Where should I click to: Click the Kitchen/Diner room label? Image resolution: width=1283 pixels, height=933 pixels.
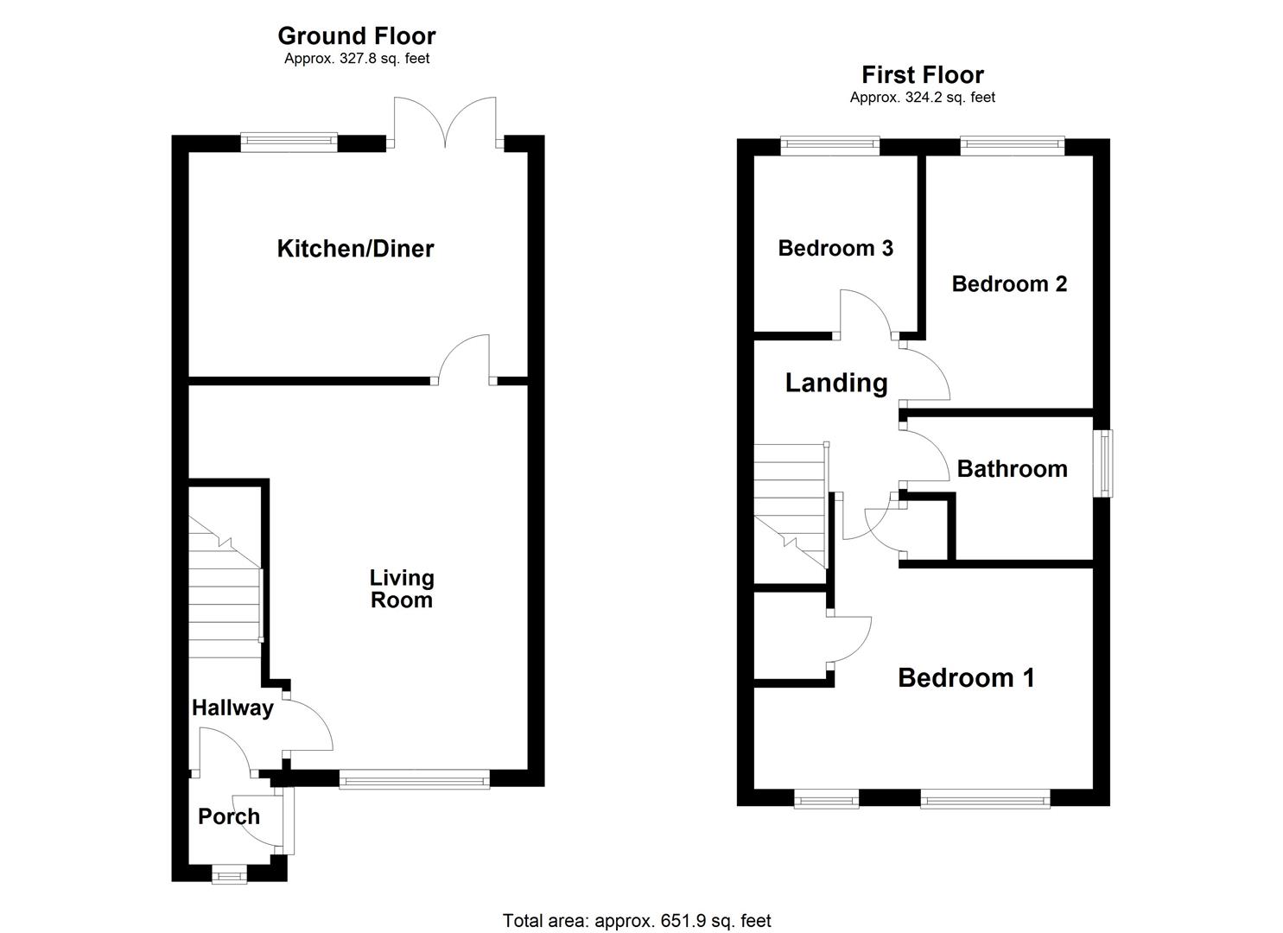tap(355, 249)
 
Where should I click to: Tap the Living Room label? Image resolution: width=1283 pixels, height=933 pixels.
tap(402, 588)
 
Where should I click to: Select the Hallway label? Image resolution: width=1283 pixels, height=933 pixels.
tap(232, 708)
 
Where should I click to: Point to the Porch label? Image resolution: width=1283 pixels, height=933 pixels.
tap(229, 816)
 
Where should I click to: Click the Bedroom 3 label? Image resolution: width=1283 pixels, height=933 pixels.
tap(835, 249)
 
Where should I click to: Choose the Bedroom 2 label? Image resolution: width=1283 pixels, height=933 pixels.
tap(1009, 283)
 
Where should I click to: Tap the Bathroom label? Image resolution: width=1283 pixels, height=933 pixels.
tap(1012, 469)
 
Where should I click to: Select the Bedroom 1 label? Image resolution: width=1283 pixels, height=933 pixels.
tap(966, 677)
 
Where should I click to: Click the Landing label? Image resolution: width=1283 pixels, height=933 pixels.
tap(836, 383)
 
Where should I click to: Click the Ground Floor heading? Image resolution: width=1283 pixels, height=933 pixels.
tap(356, 35)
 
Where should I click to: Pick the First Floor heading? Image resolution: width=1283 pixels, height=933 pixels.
tap(923, 74)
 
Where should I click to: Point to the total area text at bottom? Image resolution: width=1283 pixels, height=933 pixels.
tap(637, 921)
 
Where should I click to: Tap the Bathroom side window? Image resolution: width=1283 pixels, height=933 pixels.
tap(1103, 463)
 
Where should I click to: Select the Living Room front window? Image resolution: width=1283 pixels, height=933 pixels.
tap(415, 781)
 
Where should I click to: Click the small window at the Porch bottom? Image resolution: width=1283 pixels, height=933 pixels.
tap(229, 876)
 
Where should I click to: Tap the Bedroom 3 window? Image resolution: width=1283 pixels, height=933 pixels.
tap(830, 146)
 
